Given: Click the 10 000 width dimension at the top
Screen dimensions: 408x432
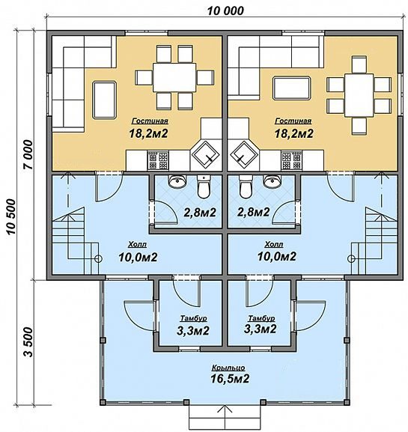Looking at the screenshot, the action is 225,11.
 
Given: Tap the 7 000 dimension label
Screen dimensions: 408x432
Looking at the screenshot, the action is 28,154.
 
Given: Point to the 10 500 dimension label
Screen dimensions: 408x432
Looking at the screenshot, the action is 11,216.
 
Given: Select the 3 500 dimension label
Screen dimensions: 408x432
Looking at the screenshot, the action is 28,342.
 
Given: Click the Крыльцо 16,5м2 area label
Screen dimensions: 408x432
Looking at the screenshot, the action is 230,374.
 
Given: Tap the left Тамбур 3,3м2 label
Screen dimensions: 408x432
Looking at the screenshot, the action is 193,326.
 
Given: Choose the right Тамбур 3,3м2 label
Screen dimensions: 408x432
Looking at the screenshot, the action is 261,325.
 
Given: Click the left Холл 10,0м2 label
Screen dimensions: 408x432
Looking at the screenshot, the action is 138,252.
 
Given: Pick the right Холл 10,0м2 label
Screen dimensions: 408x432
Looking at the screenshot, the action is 276,252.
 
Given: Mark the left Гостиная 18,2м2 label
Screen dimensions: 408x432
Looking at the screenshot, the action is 149,128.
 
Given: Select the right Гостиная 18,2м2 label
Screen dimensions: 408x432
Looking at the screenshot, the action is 293,128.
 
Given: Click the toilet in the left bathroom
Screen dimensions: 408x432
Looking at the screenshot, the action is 204,187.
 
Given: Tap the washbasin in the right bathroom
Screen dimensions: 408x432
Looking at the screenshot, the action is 272,181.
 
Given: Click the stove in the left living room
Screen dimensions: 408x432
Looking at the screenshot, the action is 158,160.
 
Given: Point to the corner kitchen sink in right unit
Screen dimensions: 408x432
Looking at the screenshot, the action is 244,155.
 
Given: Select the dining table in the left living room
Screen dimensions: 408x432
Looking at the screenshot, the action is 174,77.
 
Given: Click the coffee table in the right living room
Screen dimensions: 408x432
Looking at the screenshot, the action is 292,88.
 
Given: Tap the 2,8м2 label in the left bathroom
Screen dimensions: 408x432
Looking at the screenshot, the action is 200,213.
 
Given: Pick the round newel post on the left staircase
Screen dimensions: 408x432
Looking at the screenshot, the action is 98,258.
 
